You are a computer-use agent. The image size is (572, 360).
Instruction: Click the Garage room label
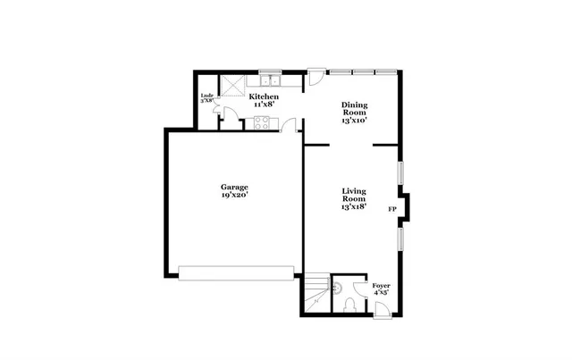click(x=235, y=187)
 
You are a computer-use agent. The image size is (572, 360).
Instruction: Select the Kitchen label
click(x=264, y=96)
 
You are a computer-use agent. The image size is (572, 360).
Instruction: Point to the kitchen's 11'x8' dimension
click(x=264, y=104)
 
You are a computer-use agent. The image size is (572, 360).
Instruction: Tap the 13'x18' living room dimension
click(x=354, y=206)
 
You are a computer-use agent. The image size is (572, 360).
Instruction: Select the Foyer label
click(x=381, y=285)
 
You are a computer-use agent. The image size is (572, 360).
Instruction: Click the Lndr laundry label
click(x=206, y=96)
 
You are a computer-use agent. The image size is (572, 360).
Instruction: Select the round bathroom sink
click(x=337, y=286)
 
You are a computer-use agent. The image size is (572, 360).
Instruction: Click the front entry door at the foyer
click(x=380, y=309)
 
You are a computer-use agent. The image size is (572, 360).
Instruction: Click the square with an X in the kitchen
click(x=232, y=86)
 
